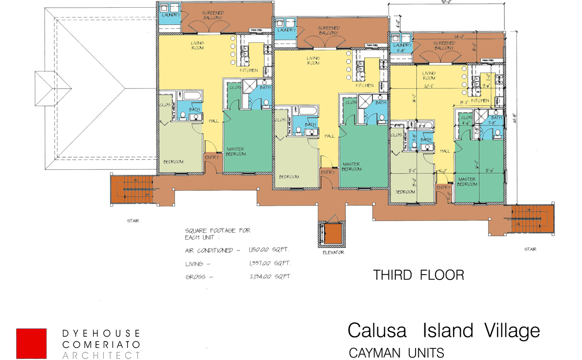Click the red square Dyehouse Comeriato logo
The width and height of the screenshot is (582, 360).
point(32,344)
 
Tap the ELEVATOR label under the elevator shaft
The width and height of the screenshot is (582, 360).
point(333,252)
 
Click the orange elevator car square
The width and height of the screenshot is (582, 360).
point(333,234)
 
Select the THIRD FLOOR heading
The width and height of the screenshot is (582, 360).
point(419,275)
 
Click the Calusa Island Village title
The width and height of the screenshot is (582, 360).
point(443,330)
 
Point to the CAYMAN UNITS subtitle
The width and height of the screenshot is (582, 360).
point(396,352)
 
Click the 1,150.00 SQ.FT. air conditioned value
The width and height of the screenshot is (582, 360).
point(270,250)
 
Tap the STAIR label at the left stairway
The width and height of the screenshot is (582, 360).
point(133,221)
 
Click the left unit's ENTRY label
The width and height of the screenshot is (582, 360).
point(212,157)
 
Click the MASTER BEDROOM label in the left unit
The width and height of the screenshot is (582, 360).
point(236,151)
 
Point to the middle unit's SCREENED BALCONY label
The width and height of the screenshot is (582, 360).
point(329,31)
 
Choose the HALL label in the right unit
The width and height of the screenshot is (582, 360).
point(445,151)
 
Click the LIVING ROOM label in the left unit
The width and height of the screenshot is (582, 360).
point(197,46)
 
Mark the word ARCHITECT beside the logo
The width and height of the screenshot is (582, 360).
point(101,356)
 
